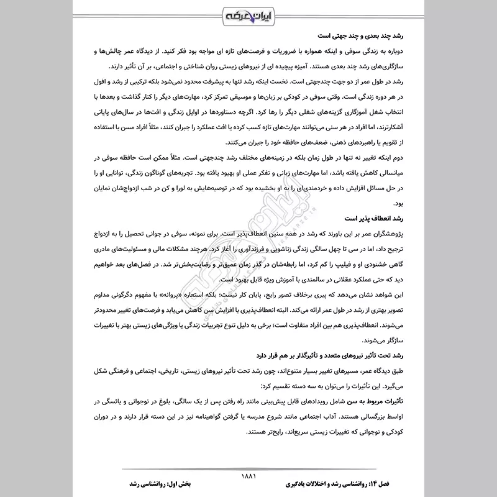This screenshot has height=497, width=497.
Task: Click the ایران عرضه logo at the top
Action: (247, 14)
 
